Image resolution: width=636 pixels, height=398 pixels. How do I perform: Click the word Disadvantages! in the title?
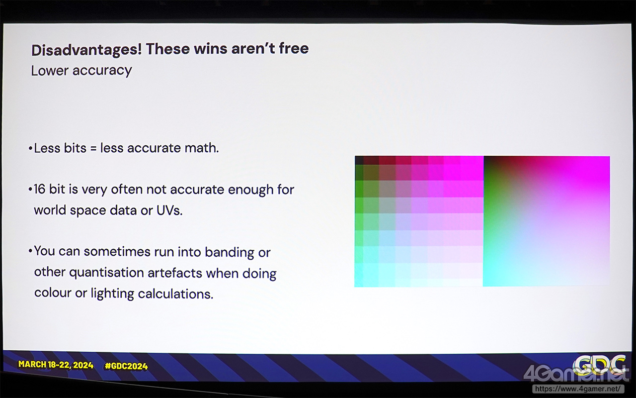click(x=86, y=50)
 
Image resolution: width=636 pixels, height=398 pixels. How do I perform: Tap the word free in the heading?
click(x=294, y=48)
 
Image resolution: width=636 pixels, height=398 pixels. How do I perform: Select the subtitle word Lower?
click(x=49, y=71)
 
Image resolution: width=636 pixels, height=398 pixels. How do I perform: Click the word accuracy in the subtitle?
click(x=102, y=71)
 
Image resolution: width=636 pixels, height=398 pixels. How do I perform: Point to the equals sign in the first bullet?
click(x=93, y=148)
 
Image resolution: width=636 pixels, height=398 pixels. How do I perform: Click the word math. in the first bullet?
click(x=202, y=148)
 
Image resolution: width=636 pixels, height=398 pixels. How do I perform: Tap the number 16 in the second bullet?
click(x=39, y=190)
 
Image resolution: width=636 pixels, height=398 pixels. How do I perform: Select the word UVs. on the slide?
click(x=169, y=210)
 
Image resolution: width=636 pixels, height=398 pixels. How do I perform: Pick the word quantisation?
click(x=106, y=272)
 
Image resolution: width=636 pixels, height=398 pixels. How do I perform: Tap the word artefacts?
click(x=174, y=273)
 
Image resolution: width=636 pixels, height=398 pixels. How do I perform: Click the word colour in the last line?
click(x=53, y=293)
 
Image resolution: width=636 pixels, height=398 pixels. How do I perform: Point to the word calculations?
click(x=175, y=294)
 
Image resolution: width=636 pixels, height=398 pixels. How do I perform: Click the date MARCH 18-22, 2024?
click(x=56, y=365)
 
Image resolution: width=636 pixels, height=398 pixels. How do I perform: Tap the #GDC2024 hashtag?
click(x=126, y=366)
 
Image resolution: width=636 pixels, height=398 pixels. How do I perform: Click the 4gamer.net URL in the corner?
click(x=578, y=389)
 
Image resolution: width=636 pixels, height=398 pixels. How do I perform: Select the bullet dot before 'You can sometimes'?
click(x=30, y=251)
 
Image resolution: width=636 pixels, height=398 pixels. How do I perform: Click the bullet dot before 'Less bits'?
click(x=30, y=148)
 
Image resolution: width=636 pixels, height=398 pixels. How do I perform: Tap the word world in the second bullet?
click(x=50, y=210)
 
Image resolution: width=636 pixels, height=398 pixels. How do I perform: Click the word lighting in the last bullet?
click(x=112, y=294)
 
